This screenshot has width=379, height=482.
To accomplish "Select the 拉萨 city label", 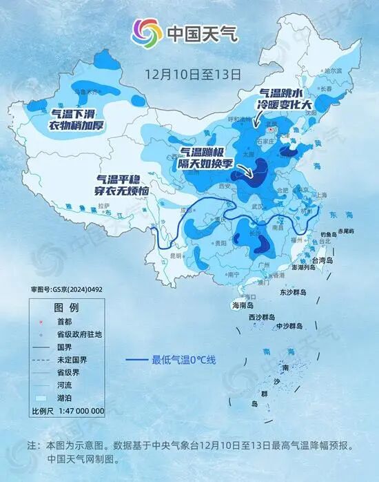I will point(104,206).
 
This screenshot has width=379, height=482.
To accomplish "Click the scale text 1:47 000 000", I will point(77,411).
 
